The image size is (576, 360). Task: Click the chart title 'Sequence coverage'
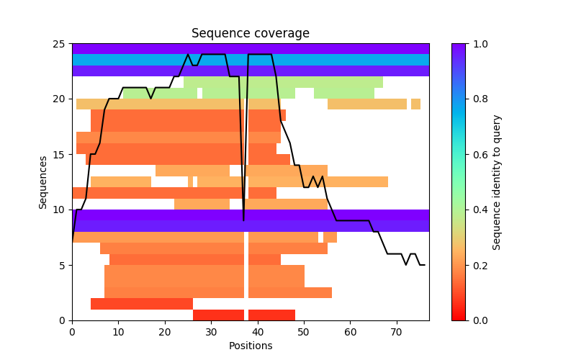click(x=251, y=34)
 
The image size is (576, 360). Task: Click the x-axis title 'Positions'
click(x=251, y=346)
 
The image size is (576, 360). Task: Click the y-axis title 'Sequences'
click(x=43, y=182)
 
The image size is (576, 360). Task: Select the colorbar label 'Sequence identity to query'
click(x=497, y=182)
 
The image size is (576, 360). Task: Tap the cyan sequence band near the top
click(x=251, y=60)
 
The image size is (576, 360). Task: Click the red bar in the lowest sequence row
click(x=218, y=315)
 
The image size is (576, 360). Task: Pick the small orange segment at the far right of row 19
click(x=415, y=104)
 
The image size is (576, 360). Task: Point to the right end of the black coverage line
click(x=424, y=265)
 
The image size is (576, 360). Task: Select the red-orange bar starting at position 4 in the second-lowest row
click(x=141, y=304)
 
